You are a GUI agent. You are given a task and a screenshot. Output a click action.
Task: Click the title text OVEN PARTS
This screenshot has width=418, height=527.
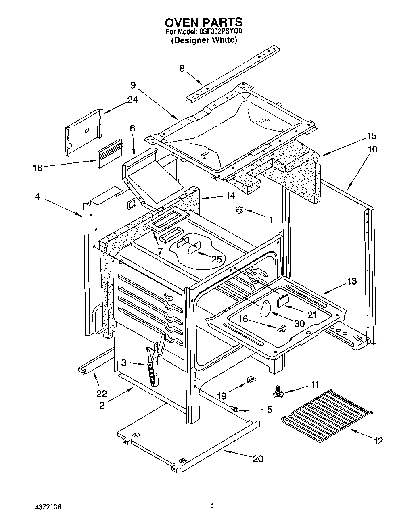coord(204,22)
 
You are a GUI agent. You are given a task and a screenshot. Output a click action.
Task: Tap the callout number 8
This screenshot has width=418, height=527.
coord(182,69)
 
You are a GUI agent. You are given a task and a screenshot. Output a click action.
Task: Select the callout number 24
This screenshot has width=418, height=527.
coord(133,100)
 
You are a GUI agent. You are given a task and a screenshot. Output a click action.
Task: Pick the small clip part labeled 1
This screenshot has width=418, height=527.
coord(239,209)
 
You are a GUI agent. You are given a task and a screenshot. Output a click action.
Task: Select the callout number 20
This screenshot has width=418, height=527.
coord(258,458)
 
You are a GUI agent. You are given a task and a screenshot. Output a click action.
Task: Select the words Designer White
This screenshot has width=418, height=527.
coord(204,40)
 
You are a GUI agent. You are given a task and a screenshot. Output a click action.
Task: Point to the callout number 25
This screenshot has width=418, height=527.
coord(217,259)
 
